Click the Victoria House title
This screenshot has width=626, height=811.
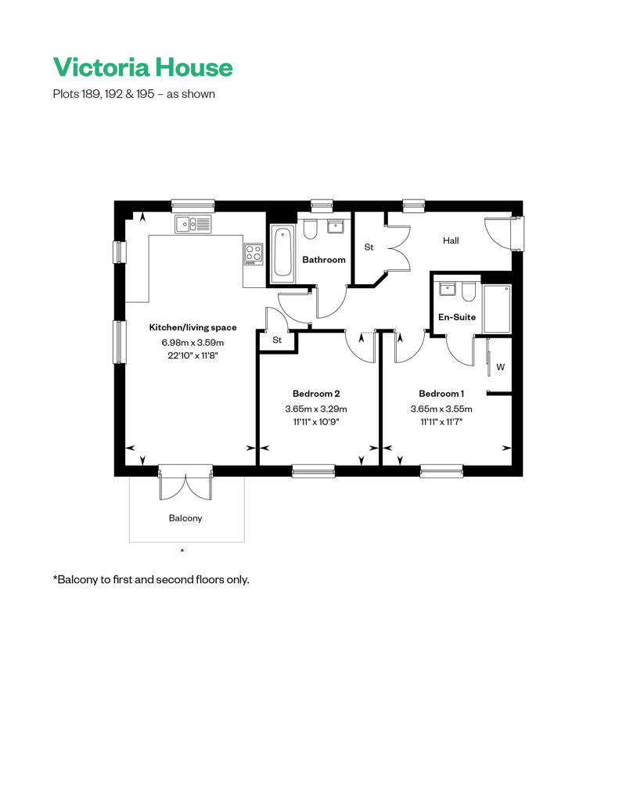pyautogui.click(x=142, y=67)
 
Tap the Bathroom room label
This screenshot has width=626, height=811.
pyautogui.click(x=324, y=260)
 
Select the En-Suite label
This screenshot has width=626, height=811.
pyautogui.click(x=457, y=317)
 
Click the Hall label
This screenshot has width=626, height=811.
pyautogui.click(x=451, y=240)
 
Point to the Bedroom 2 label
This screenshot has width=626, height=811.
pyautogui.click(x=316, y=394)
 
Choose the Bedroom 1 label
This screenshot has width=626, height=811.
pyautogui.click(x=441, y=394)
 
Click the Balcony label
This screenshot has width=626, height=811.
pyautogui.click(x=185, y=518)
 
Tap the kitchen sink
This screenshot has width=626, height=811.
pyautogui.click(x=192, y=225)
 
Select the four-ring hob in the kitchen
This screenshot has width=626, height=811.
pyautogui.click(x=254, y=254)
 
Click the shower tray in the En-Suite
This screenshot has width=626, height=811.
pyautogui.click(x=497, y=308)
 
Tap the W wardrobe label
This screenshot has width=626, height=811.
pyautogui.click(x=500, y=367)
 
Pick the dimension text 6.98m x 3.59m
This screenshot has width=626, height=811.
pyautogui.click(x=192, y=342)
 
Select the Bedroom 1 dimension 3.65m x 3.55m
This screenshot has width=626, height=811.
pyautogui.click(x=441, y=409)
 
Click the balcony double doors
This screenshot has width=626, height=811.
pyautogui.click(x=185, y=483)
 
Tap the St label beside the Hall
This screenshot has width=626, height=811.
pyautogui.click(x=369, y=247)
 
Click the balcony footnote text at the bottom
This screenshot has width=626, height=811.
pyautogui.click(x=151, y=580)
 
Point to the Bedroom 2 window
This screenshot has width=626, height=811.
pyautogui.click(x=313, y=470)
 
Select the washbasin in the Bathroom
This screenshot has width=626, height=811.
pyautogui.click(x=336, y=226)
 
